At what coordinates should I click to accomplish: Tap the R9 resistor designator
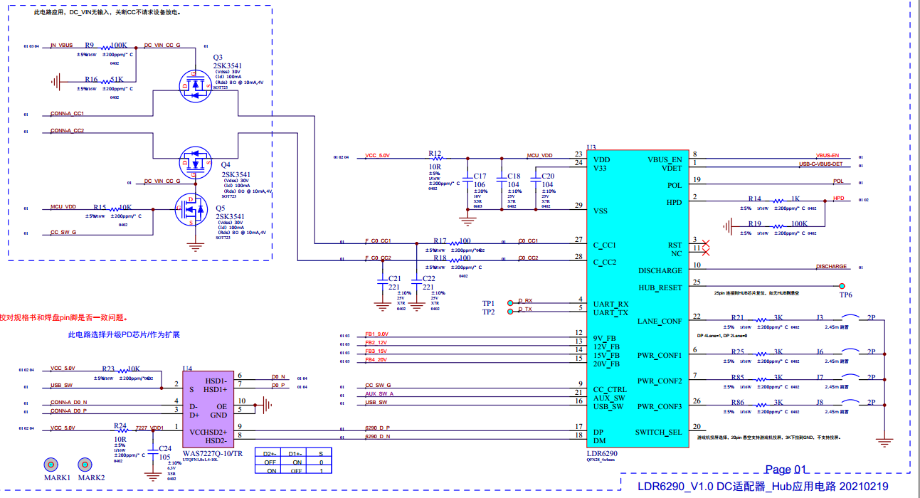coord(89,45)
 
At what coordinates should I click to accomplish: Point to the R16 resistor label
coord(91,80)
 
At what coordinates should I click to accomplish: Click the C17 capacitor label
coord(480,176)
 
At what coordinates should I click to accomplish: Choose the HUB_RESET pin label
coord(660,287)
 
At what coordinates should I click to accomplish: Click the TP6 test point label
coord(845,295)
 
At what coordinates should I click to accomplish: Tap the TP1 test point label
coord(488,304)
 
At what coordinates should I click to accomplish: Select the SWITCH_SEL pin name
coord(658,432)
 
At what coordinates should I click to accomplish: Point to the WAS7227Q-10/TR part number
coord(212,453)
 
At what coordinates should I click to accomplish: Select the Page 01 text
coord(786,470)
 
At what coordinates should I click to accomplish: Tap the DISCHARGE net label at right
coord(831,267)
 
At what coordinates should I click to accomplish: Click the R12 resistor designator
coord(435,153)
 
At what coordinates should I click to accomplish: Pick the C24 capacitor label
coord(164,448)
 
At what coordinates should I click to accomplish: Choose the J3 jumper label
coord(820,317)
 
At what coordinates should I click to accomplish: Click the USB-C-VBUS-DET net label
coord(825,164)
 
